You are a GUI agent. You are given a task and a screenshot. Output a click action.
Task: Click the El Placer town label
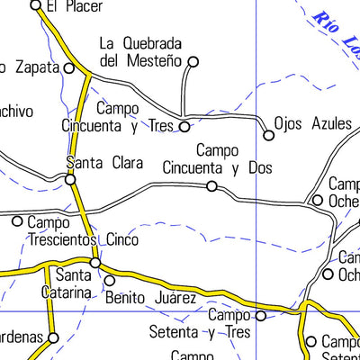point(76,6)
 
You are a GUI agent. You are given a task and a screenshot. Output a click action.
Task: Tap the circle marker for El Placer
point(36,5)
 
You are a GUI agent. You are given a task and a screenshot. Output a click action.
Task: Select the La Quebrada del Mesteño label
point(141,52)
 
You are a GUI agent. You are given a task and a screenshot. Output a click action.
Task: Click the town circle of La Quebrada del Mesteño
point(192,61)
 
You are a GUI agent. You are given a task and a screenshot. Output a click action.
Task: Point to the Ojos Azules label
point(314,123)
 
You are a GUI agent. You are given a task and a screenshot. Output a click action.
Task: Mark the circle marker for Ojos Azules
point(268,136)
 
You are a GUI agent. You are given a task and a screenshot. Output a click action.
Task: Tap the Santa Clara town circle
point(70,179)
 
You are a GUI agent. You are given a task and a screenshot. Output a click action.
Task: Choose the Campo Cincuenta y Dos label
point(218,159)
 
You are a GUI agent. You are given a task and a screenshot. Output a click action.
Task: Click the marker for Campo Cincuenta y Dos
point(211,186)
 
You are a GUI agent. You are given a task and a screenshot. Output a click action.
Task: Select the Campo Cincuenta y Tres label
point(118,117)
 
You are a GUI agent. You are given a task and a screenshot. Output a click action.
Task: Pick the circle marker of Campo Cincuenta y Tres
point(184,127)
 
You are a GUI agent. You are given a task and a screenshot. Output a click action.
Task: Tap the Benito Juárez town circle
point(110,280)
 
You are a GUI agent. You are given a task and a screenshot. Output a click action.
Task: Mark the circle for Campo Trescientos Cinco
point(17,220)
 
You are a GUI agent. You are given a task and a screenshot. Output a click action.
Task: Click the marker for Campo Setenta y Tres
point(261,316)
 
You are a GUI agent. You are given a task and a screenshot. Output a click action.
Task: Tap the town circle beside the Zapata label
point(69,67)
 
